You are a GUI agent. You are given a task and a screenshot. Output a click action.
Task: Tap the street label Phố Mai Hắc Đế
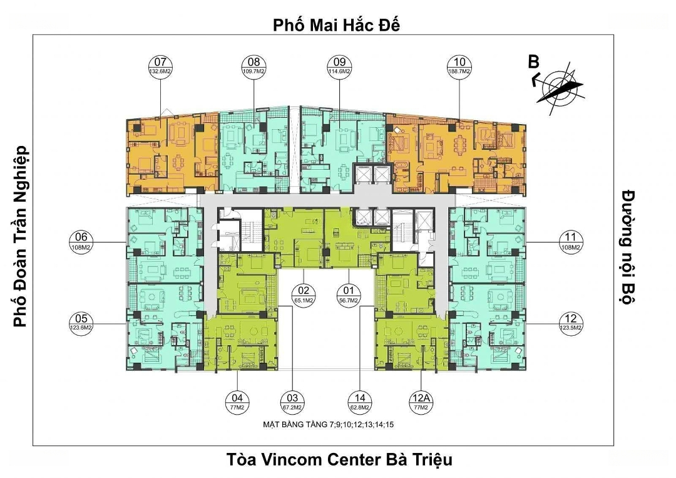337,25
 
